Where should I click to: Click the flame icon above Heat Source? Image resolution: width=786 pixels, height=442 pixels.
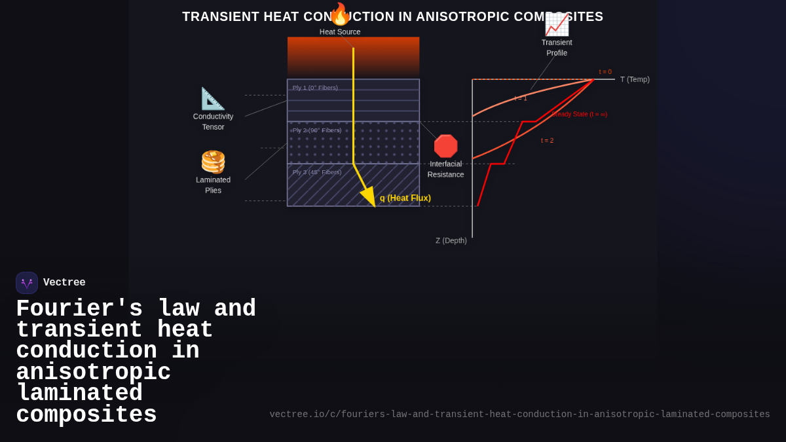coord(339,14)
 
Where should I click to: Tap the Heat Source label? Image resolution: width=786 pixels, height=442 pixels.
coord(340,32)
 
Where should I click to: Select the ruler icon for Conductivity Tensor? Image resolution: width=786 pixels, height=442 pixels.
coord(213,98)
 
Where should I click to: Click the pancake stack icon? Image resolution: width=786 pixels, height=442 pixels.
coord(213,162)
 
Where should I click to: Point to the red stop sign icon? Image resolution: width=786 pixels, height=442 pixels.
coord(445,146)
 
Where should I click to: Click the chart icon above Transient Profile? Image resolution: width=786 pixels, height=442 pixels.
coord(557,24)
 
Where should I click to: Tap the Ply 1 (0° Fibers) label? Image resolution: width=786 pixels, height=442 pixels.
coord(315,88)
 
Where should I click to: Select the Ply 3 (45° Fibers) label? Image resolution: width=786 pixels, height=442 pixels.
coord(317,172)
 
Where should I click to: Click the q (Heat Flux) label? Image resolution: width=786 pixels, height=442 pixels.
coord(405,198)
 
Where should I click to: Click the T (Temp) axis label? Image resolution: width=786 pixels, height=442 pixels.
coord(635,80)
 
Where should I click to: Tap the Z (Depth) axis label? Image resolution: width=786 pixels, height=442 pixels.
coord(451,241)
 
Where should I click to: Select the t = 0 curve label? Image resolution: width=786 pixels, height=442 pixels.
coord(605,72)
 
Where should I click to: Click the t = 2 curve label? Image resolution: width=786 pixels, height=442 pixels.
coord(547,141)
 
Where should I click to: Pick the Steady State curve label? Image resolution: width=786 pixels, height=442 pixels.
coord(579,115)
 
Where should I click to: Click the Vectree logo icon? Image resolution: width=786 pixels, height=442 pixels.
coord(27,283)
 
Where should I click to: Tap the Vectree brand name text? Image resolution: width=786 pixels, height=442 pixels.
coord(64,283)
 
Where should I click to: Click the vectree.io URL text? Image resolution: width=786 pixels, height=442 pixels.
coord(519,414)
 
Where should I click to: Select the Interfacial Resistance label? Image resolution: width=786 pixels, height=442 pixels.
coord(445,169)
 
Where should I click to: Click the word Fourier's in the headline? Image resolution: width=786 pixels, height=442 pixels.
coord(79,309)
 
